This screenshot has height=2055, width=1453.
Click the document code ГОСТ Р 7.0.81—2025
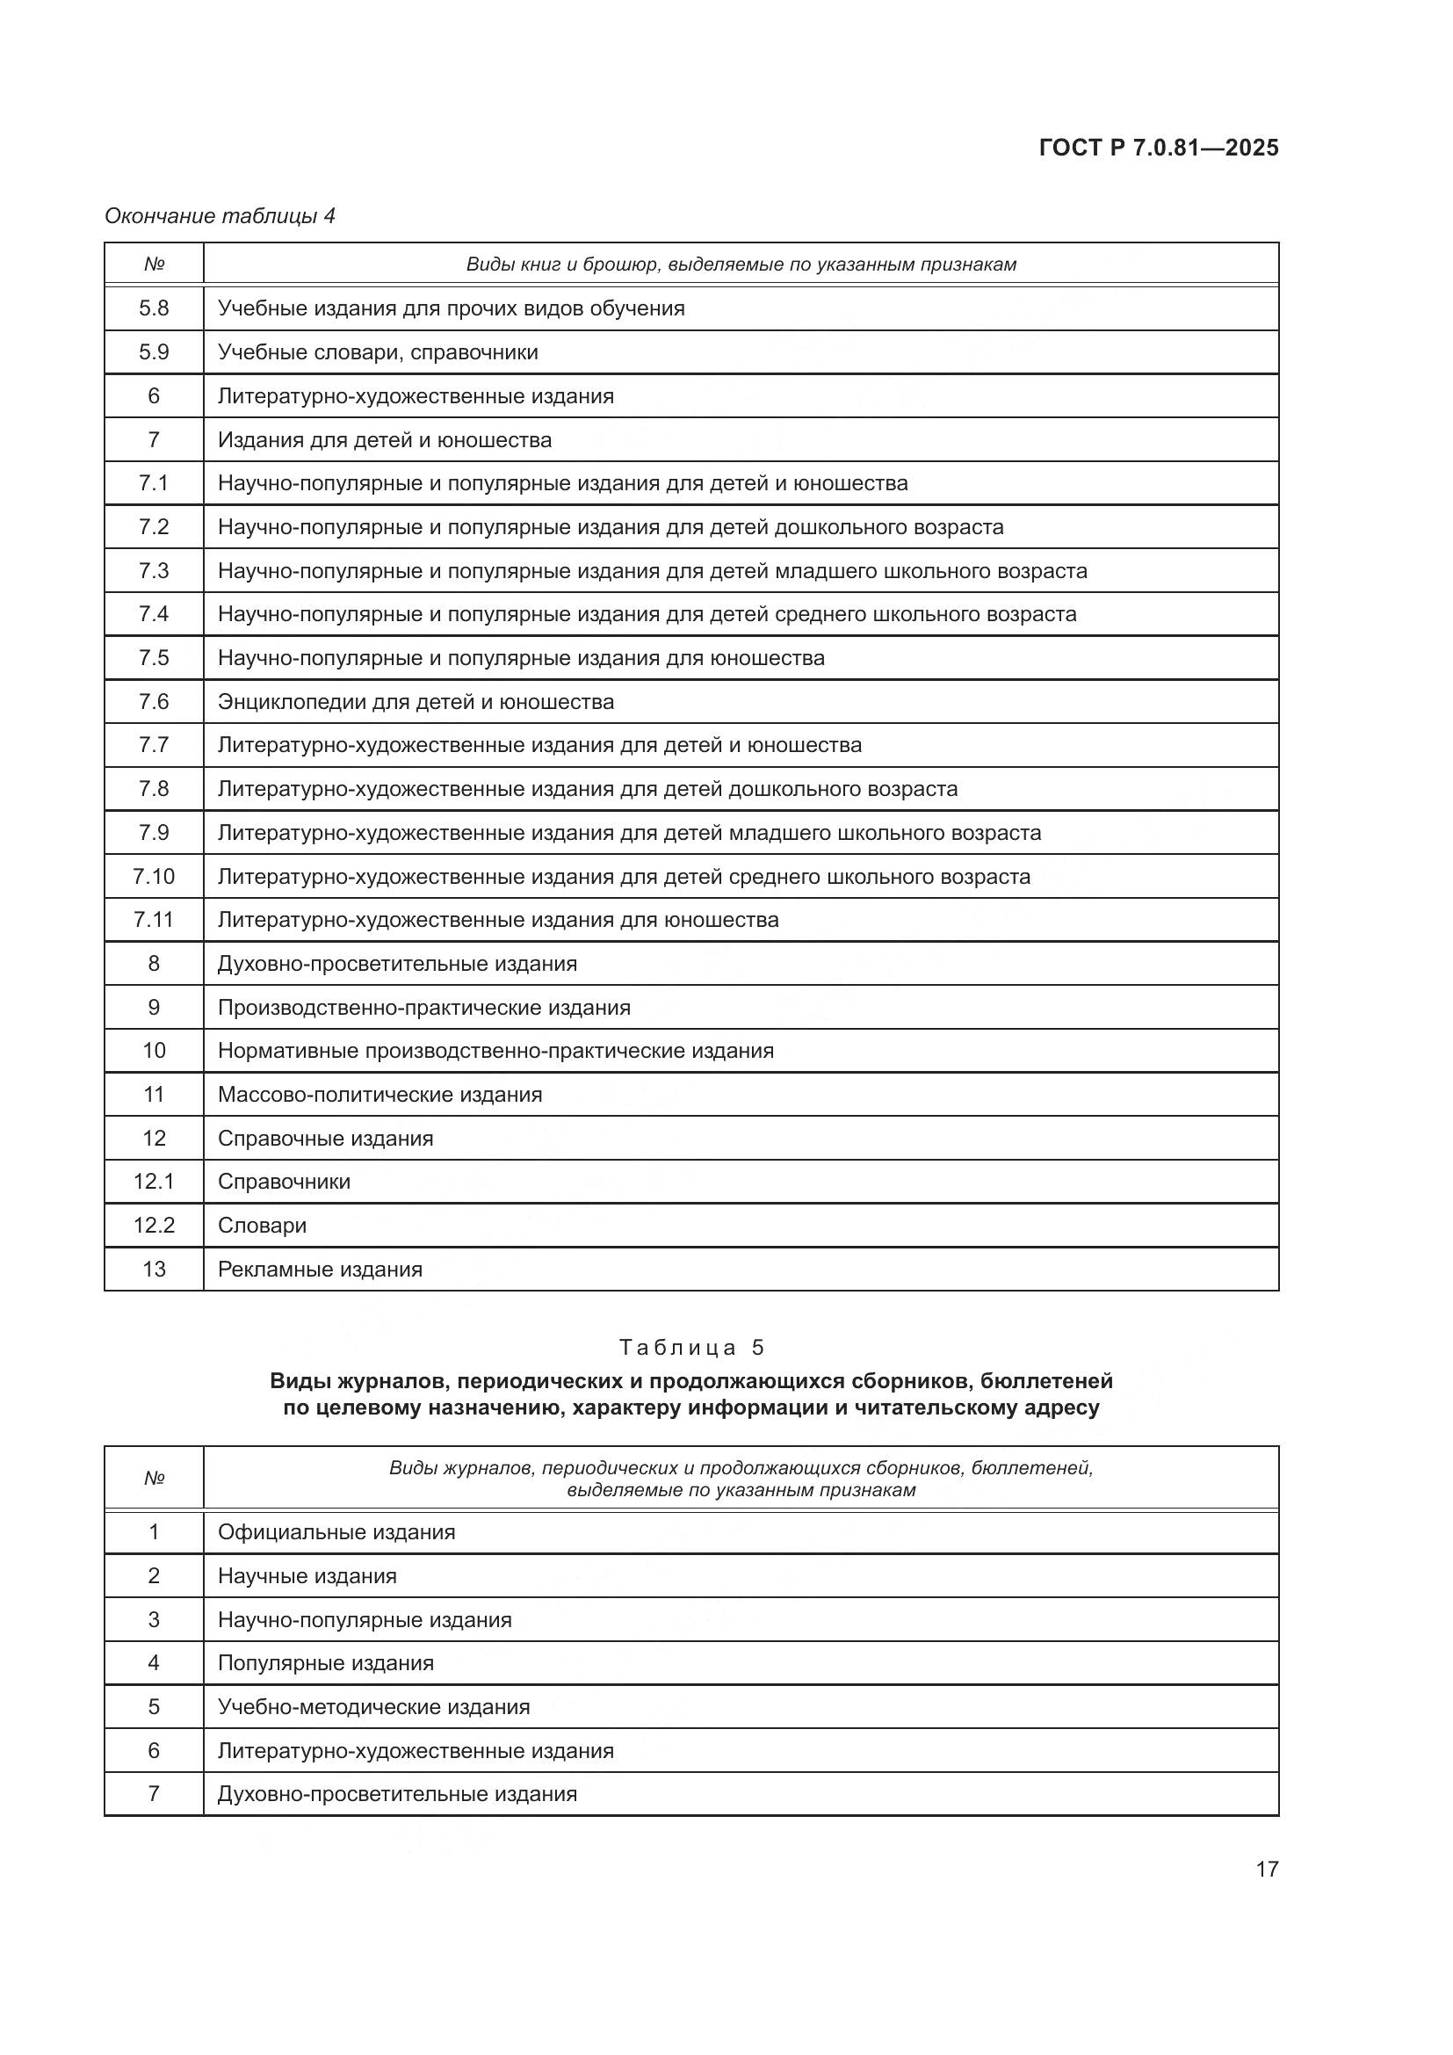(1158, 148)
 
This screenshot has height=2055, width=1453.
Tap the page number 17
(1266, 1869)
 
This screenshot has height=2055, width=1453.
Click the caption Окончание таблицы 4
(220, 216)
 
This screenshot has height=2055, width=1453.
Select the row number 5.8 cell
(154, 308)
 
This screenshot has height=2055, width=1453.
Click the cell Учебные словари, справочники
(378, 352)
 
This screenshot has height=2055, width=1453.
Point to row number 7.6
(154, 702)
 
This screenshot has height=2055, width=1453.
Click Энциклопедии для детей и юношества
(416, 702)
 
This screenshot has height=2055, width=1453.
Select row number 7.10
(154, 876)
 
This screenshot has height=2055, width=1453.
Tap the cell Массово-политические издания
(380, 1095)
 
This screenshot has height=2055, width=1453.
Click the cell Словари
(262, 1226)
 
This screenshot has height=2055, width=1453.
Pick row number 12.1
(154, 1182)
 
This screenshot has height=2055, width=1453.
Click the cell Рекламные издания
(321, 1270)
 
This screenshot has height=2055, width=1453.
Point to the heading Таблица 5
(691, 1348)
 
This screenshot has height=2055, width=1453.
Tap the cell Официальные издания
(336, 1532)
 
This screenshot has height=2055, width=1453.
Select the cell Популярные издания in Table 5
(326, 1663)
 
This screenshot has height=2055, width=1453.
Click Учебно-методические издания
(374, 1707)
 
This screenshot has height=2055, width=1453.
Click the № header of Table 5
(154, 1478)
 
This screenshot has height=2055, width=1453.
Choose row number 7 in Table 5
(154, 1794)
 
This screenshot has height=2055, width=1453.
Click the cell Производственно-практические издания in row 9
(424, 1008)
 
